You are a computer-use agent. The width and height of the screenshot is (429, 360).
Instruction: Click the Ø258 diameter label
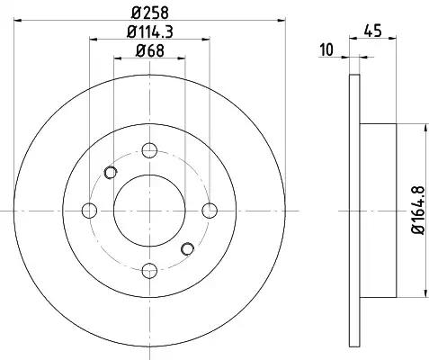tap(150, 13)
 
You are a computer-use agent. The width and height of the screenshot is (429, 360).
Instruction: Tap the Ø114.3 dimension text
tap(150, 31)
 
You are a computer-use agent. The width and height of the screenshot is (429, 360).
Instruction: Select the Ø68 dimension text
tap(150, 50)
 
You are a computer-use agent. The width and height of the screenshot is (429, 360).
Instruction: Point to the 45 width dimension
tap(373, 31)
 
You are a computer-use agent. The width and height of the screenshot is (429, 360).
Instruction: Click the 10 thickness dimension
tap(326, 49)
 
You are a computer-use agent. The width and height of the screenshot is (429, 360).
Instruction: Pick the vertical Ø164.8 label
tap(418, 211)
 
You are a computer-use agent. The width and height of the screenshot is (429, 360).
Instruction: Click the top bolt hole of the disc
tap(149, 150)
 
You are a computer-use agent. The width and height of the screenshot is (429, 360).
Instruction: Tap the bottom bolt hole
tap(149, 271)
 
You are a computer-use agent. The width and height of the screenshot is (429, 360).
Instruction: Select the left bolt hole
tap(89, 211)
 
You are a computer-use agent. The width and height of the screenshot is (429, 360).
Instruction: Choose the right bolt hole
tap(210, 211)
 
